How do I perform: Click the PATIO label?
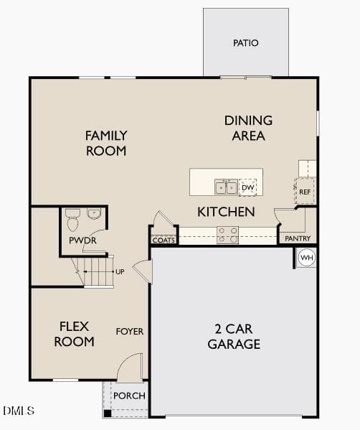(x=245, y=43)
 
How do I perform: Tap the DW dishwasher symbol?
(x=247, y=187)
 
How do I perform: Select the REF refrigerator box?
(x=304, y=191)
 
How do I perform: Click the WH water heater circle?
(x=307, y=258)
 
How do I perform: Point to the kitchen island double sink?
(x=226, y=187)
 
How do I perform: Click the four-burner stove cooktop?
(x=227, y=235)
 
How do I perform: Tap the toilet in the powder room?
(x=72, y=220)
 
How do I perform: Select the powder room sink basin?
(x=94, y=213)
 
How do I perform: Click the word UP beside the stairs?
(x=120, y=272)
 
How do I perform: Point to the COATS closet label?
(x=164, y=240)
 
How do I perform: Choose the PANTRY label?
(x=298, y=238)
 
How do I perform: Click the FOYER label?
(x=130, y=332)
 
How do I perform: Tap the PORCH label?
(x=129, y=396)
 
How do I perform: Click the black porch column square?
(x=108, y=413)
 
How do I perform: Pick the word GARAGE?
(x=234, y=344)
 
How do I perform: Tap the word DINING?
(x=248, y=121)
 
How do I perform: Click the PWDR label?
(x=82, y=240)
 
